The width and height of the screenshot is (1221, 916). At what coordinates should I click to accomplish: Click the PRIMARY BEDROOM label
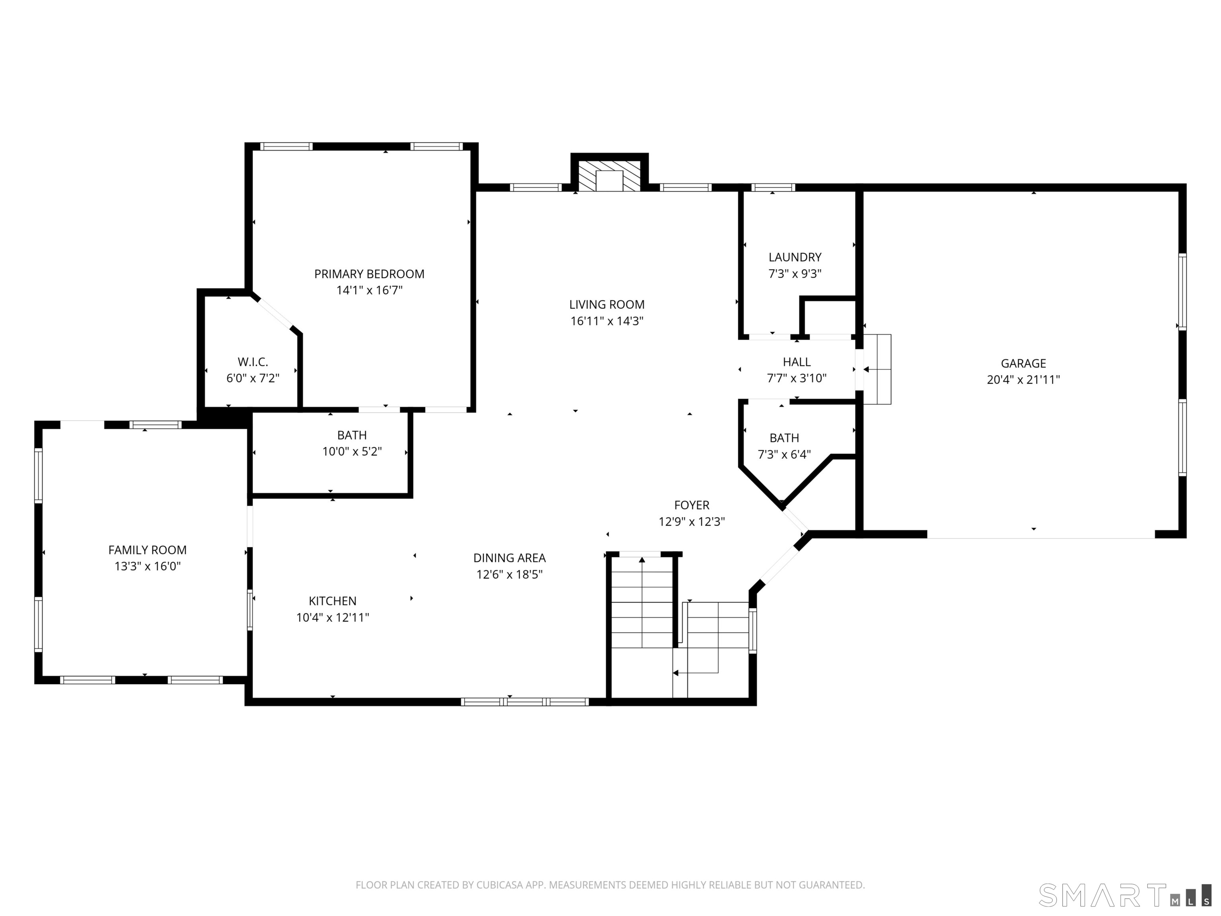click(369, 274)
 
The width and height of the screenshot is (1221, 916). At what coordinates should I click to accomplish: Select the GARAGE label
click(1023, 363)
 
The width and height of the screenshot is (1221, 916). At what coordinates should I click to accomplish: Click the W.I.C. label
click(253, 362)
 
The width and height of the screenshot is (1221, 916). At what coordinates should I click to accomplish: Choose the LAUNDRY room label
click(795, 257)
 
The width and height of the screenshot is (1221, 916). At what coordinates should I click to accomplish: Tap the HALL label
click(797, 362)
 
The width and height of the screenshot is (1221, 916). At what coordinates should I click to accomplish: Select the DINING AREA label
click(510, 558)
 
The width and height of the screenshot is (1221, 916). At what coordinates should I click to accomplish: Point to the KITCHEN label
click(332, 601)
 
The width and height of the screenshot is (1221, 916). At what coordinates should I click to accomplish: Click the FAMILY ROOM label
click(147, 550)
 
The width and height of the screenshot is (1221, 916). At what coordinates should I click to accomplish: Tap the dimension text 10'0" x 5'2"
click(352, 452)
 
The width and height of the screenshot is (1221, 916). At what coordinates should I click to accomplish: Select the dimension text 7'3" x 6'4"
click(784, 454)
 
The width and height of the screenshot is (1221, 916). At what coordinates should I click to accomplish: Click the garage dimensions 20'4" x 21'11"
click(1023, 379)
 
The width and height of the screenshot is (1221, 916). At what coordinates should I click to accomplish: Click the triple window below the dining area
click(525, 702)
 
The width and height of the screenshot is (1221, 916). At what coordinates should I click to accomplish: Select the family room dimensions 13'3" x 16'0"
click(147, 566)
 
